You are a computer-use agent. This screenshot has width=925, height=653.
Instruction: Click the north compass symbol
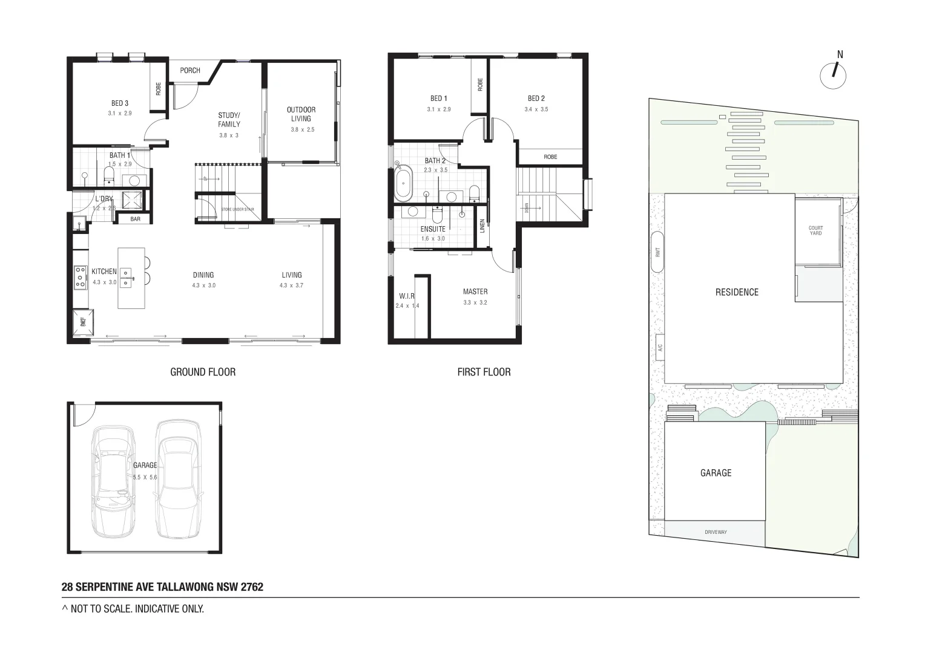tap(833, 76)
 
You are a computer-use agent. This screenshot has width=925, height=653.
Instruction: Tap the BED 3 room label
tap(120, 103)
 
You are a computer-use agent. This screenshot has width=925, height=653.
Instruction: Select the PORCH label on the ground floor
tap(190, 71)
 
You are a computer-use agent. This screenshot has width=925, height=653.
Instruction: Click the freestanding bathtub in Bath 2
tap(402, 182)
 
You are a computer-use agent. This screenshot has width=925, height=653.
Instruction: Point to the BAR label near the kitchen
tap(135, 219)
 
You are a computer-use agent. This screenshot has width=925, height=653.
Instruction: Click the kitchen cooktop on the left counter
tap(80, 278)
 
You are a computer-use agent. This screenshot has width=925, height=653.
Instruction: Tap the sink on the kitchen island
tap(126, 277)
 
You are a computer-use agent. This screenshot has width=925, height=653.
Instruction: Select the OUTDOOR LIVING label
tap(301, 114)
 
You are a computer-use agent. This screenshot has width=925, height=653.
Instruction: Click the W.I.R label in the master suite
tap(407, 296)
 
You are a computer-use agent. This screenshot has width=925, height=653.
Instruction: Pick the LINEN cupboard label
tap(482, 226)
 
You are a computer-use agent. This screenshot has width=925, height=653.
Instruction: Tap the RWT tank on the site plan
tap(657, 252)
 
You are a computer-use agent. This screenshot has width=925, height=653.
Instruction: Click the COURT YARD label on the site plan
tap(815, 230)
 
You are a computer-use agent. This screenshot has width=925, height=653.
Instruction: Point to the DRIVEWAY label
tap(716, 532)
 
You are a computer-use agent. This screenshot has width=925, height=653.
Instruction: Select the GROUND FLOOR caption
tap(203, 372)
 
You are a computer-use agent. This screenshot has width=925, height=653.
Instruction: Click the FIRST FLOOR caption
tap(484, 372)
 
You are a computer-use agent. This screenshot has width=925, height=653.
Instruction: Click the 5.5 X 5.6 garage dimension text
tap(145, 477)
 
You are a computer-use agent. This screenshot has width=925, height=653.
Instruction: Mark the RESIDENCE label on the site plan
tap(737, 292)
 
